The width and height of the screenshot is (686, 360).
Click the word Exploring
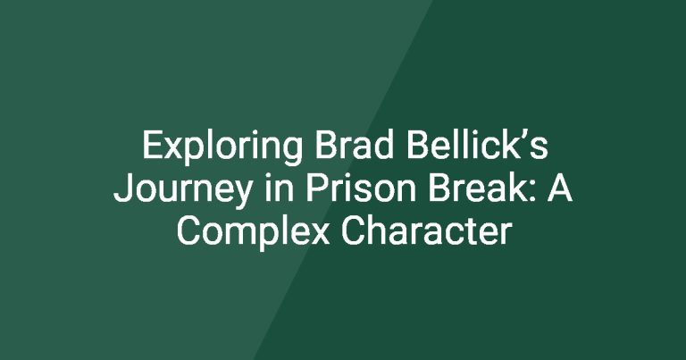point(222,148)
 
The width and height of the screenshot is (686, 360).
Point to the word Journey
point(182,190)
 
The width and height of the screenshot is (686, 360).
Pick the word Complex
point(253,233)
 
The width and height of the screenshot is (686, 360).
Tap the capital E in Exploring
point(152,146)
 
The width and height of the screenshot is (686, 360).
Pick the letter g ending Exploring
point(292,153)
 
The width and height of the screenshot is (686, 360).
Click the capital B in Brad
point(326,146)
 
